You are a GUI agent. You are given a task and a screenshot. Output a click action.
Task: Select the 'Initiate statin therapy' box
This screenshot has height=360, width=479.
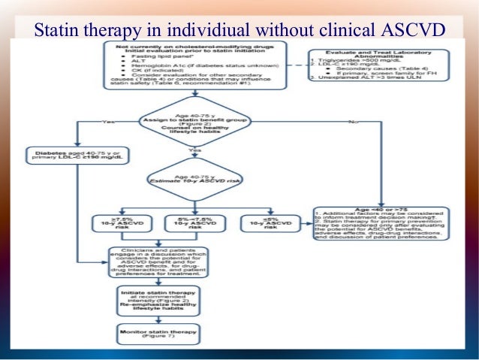pos(158,299)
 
